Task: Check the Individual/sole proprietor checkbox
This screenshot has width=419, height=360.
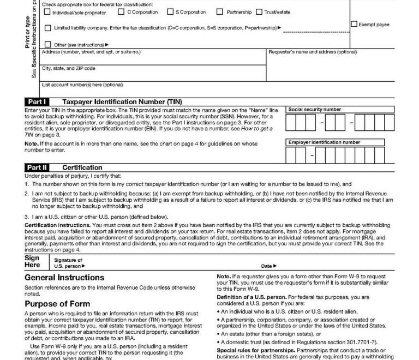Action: (47, 12)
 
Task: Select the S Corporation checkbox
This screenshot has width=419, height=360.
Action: (170, 11)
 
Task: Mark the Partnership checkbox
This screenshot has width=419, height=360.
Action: (219, 11)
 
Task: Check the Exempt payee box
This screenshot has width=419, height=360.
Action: (354, 24)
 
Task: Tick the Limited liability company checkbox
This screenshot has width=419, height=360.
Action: (47, 28)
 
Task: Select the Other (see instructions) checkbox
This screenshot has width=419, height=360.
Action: (47, 44)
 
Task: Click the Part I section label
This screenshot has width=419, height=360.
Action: (37, 102)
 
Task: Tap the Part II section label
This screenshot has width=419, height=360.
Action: (37, 167)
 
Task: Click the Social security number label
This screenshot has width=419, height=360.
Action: (315, 110)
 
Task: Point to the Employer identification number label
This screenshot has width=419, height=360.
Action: (324, 142)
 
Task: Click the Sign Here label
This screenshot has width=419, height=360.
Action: (33, 261)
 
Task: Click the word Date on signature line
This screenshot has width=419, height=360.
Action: (266, 266)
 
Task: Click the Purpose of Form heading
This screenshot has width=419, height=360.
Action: (57, 304)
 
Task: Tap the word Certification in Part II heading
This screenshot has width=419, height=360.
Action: (82, 167)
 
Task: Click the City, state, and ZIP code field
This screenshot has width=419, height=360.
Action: (153, 74)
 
